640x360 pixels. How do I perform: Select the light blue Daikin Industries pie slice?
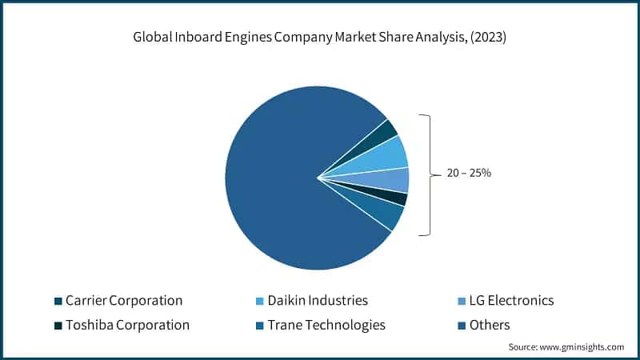click(x=390, y=154)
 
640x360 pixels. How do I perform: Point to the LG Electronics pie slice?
click(x=395, y=180)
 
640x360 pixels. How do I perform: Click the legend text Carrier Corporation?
click(x=124, y=301)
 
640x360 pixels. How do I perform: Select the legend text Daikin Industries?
click(x=317, y=301)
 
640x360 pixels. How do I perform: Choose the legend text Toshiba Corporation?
click(x=127, y=325)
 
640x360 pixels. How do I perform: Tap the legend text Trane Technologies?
click(x=326, y=325)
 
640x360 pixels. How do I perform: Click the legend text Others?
click(x=490, y=325)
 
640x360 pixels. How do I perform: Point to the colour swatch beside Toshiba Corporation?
click(x=58, y=326)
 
